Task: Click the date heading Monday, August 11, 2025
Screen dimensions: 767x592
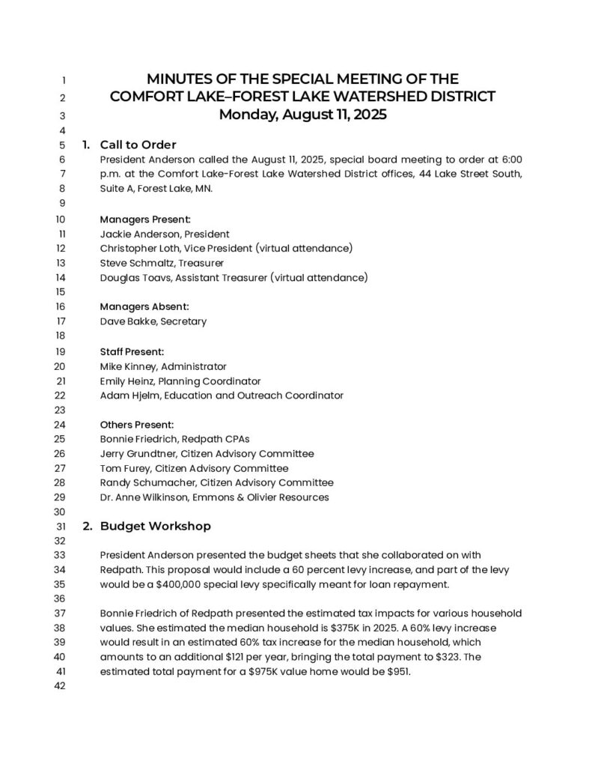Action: click(x=302, y=115)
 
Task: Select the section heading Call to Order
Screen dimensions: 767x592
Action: click(x=138, y=145)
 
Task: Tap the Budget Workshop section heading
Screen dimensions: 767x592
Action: click(x=155, y=526)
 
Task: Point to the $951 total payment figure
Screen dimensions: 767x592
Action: click(x=398, y=671)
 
